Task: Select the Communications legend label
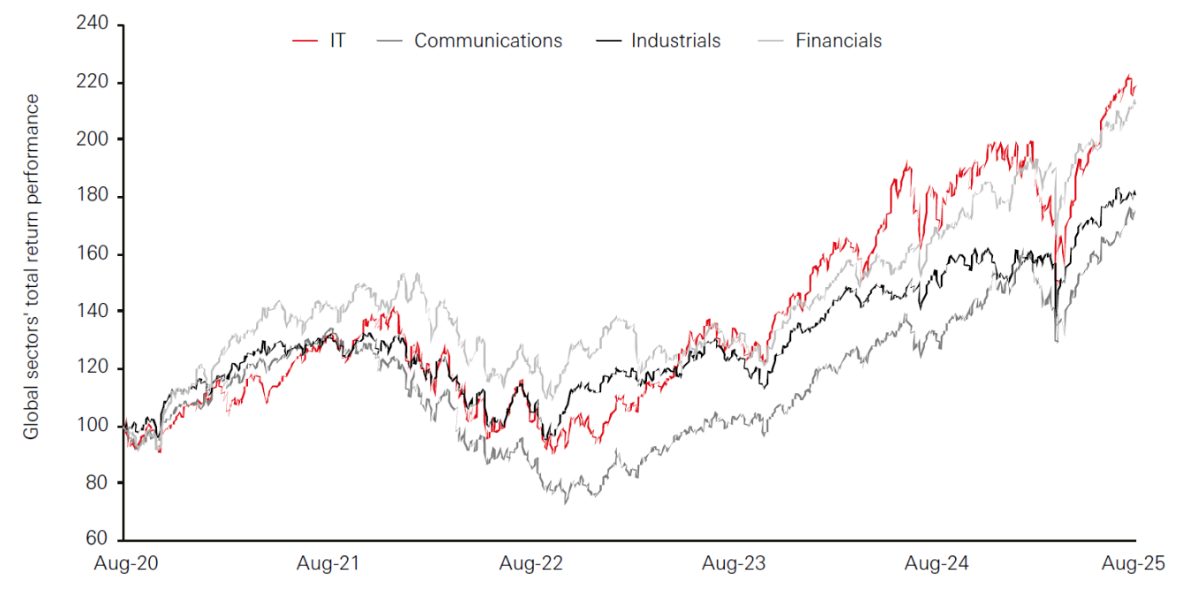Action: click(487, 41)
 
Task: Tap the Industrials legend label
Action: click(675, 41)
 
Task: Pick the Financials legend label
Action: click(838, 41)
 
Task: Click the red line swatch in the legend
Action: click(305, 41)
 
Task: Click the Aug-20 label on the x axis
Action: click(124, 563)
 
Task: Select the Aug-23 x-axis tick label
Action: click(734, 563)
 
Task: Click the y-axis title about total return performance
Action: click(32, 266)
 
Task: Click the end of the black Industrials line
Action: click(1134, 193)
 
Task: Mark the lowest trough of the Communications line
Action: click(565, 503)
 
